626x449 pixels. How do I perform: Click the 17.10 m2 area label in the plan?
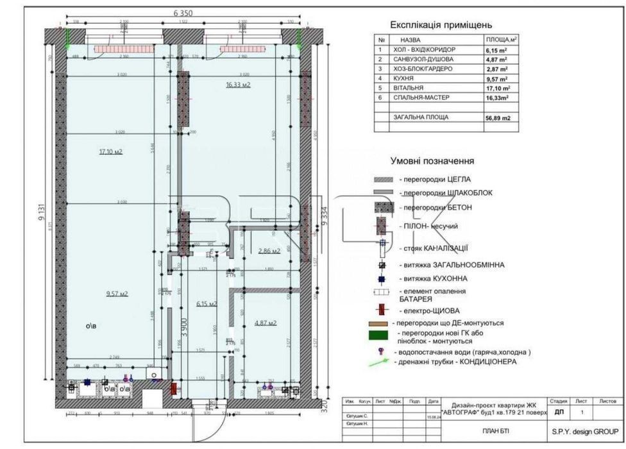tap(110, 152)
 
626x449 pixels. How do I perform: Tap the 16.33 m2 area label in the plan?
tap(237, 84)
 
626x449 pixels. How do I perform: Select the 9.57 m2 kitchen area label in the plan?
tap(117, 294)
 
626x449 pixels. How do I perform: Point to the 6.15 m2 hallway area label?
tap(207, 304)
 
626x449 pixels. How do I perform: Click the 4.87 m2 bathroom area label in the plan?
tap(265, 323)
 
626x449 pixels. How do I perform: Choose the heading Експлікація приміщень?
tap(441, 25)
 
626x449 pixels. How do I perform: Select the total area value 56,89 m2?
tap(498, 118)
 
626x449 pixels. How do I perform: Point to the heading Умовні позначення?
tap(432, 160)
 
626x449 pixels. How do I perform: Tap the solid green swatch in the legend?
tap(379, 335)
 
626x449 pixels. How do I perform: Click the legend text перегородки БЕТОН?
tap(436, 208)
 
